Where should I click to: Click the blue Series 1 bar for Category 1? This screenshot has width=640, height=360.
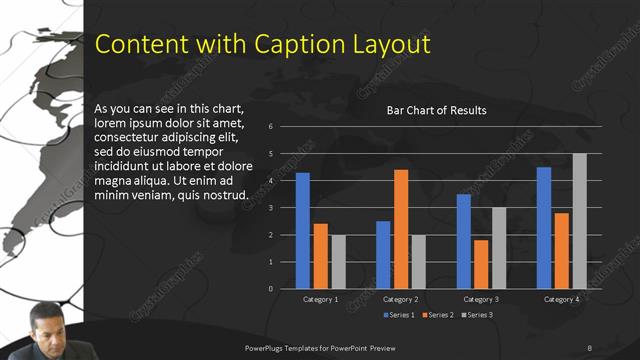[302, 231]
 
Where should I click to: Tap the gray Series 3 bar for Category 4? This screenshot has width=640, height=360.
[579, 221]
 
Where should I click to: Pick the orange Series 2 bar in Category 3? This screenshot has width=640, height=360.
[481, 264]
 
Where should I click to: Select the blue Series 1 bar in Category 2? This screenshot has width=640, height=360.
[383, 255]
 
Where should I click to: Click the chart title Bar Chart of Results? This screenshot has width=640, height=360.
[436, 110]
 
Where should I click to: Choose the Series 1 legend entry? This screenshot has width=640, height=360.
[400, 315]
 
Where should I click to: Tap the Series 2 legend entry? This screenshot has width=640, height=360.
[438, 315]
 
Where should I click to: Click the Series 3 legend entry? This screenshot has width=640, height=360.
[476, 315]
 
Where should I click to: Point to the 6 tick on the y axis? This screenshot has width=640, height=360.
[270, 127]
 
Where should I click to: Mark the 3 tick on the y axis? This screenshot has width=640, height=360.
[270, 208]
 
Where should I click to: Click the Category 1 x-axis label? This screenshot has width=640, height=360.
[320, 299]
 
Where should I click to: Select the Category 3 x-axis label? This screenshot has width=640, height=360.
[480, 299]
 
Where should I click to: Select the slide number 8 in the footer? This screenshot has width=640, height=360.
[589, 347]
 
